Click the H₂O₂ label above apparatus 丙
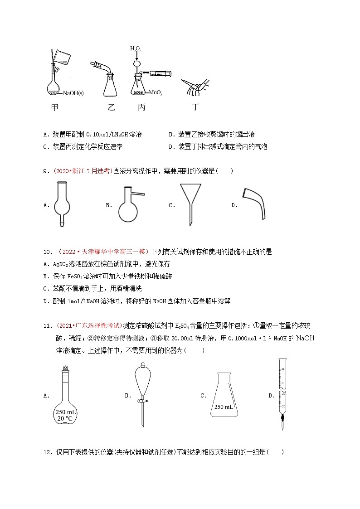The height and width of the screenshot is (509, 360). pos(136,49)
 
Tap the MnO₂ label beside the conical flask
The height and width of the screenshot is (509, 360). pos(155,93)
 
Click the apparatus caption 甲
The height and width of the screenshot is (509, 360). pos(55,107)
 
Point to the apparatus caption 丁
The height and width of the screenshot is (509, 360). pos(196,107)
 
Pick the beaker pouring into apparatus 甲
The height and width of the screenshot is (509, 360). pos(61,55)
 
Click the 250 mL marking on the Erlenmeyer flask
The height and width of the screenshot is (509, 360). pos(224,407)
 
